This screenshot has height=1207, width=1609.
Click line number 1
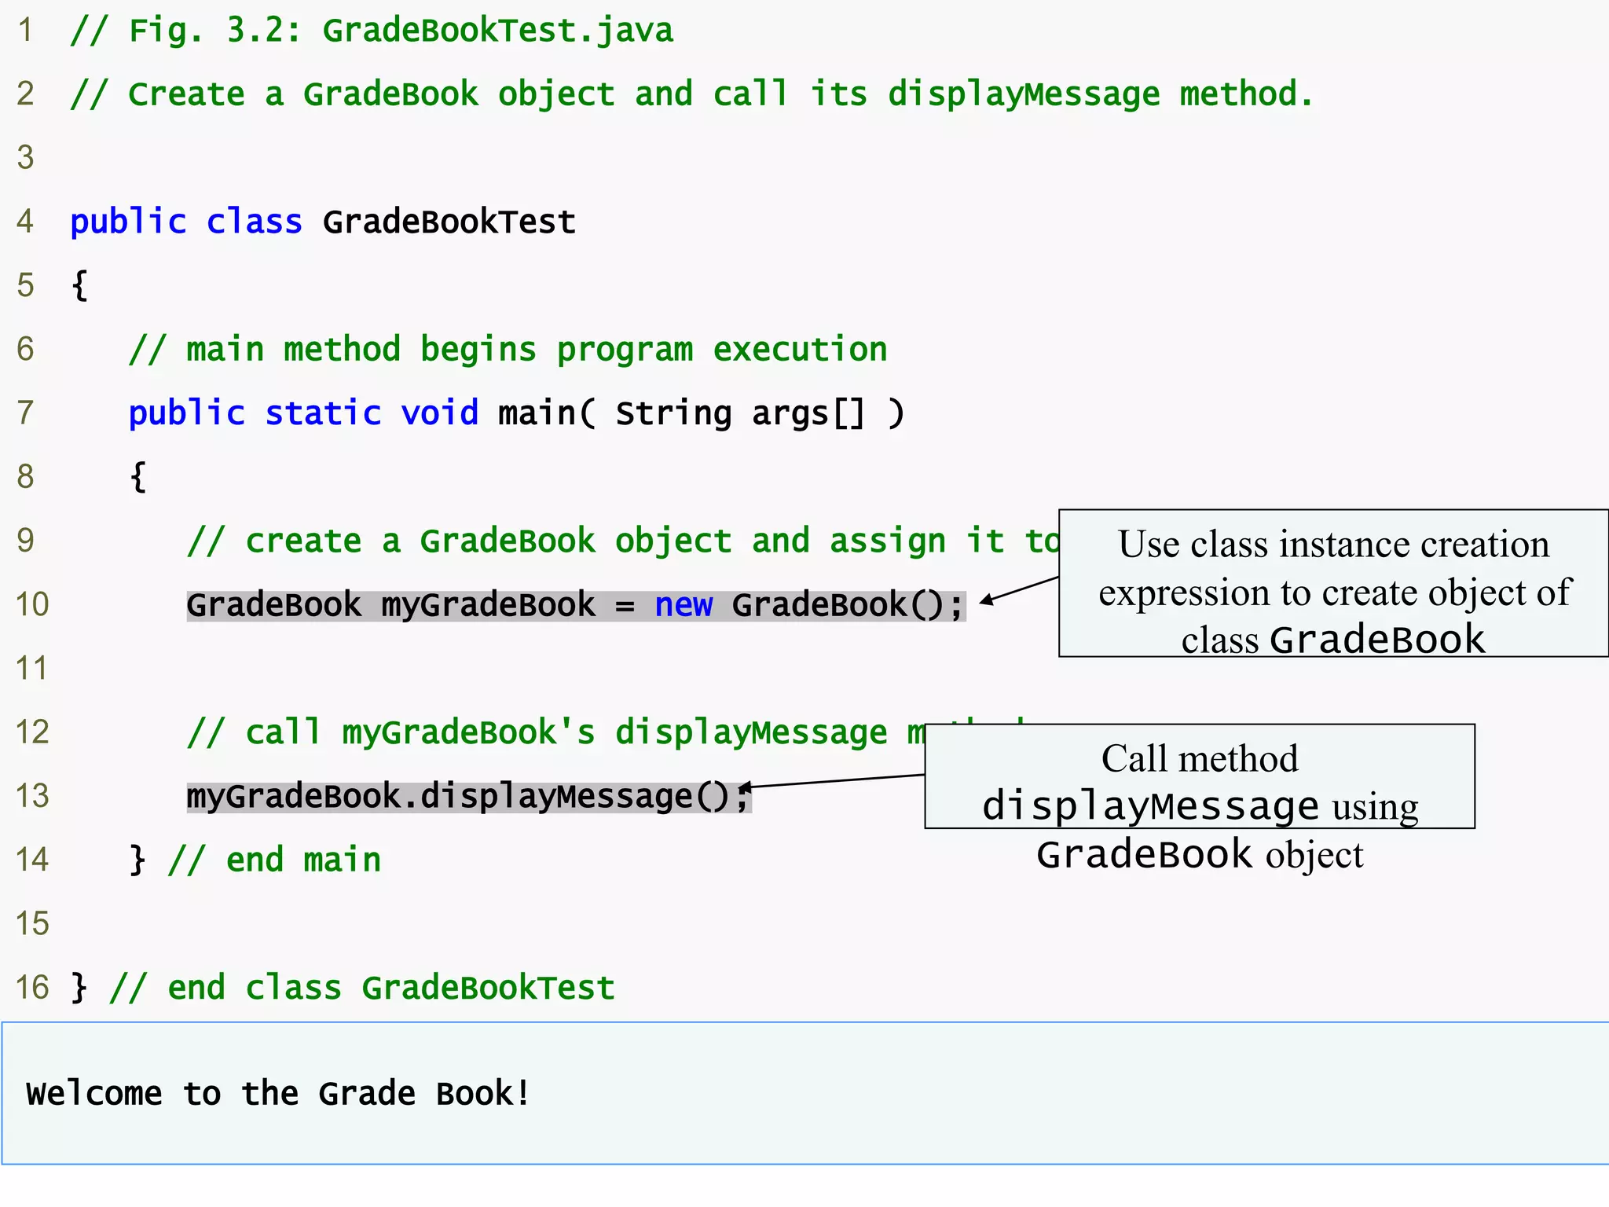pos(25,31)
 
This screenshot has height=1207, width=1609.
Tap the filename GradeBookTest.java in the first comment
pos(497,31)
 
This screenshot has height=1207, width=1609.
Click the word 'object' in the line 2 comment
pos(556,94)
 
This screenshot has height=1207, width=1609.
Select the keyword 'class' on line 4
pos(254,222)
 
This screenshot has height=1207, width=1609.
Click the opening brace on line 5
pos(79,285)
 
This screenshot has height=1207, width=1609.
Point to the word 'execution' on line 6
pos(800,350)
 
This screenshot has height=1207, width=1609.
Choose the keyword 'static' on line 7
pos(323,413)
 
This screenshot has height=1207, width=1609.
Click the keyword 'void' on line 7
pos(439,413)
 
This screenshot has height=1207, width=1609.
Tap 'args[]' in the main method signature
pos(808,413)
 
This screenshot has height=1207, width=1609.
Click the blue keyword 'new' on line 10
pos(684,605)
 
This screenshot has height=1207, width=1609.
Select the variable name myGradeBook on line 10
pos(488,605)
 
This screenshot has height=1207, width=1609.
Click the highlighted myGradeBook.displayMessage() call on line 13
pos(468,797)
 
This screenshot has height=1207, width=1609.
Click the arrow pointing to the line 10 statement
pos(1018,590)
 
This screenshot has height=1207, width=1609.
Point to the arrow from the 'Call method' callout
pos(833,781)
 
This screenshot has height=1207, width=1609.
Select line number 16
pos(32,988)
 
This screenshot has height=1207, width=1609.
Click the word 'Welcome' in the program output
pos(94,1094)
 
